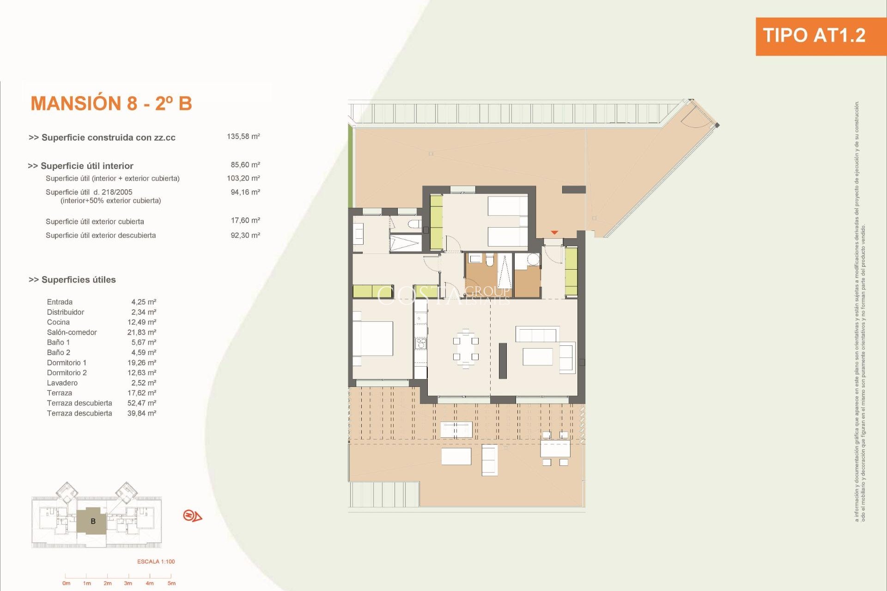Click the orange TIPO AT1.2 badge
coord(814,36)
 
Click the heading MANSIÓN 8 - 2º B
coord(111,103)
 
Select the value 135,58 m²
coord(243,137)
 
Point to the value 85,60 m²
coord(245,165)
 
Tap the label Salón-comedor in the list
coord(72,332)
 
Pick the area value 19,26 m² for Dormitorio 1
coord(142,363)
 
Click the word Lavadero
coord(62,383)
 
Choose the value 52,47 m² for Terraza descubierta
coord(142,403)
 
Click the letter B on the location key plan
coord(93,521)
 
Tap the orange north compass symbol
coord(192,515)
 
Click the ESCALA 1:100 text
coord(156,562)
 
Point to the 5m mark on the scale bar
coord(171,583)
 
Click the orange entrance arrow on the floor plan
coord(554,233)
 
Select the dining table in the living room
coord(466,349)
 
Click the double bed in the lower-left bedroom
coord(373,338)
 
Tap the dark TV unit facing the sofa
coord(503,361)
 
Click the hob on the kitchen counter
coord(420,343)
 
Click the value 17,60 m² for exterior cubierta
coord(245,221)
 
